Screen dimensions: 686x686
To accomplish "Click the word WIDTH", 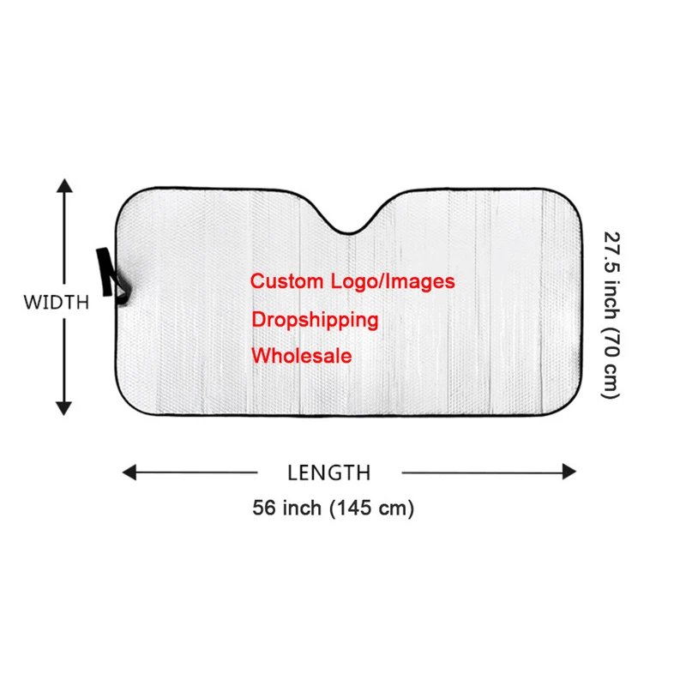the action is click(56, 302).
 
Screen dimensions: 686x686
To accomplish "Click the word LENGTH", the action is click(329, 472).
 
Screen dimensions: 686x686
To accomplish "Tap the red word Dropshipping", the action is click(315, 320).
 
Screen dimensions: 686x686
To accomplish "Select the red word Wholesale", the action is click(301, 355).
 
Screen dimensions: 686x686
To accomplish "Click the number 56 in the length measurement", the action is click(262, 508).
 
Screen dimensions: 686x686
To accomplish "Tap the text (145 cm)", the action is click(372, 508).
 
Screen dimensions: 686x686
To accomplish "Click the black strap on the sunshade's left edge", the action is click(109, 272).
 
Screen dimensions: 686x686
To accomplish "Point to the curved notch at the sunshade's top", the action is click(347, 225).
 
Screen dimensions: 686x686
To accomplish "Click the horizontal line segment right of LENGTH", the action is click(480, 472).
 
